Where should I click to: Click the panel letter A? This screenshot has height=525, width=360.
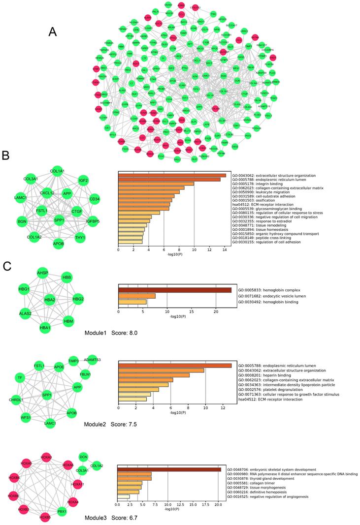tap(54, 32)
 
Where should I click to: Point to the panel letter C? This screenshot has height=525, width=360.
tap(7, 266)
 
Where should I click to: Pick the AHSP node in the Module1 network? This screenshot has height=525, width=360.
tap(42, 274)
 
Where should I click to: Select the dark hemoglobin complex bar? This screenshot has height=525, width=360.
tap(175, 290)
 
